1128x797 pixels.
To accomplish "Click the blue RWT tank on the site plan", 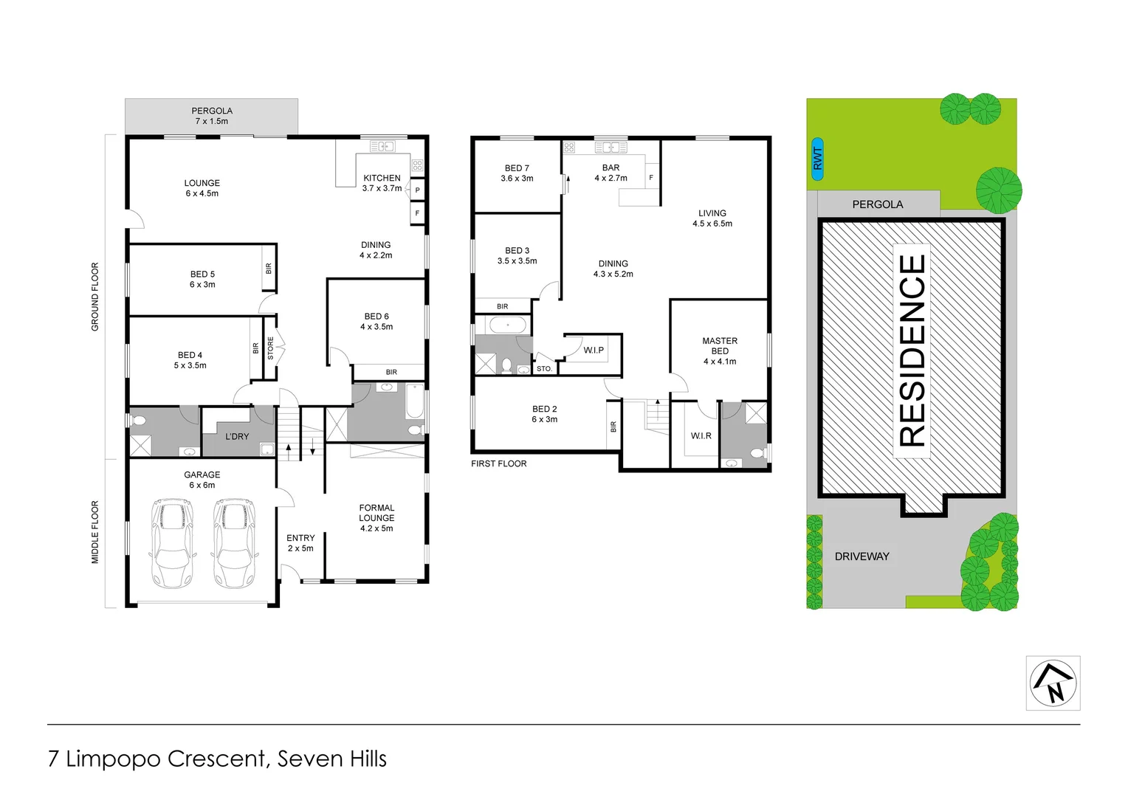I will pos(817,159).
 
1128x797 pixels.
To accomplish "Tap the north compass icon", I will pos(1053,683).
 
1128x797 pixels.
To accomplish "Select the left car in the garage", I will pos(171,543).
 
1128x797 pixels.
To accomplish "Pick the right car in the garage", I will pos(234,543).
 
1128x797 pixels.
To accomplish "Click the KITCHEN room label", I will pos(382,183).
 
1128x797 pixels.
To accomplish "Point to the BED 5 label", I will pos(202,279).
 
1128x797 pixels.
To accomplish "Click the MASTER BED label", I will pos(720,351).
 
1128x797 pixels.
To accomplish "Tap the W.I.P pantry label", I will pos(594,350).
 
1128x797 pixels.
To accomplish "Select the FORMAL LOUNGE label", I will pos(376,517).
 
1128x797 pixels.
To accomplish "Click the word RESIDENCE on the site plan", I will pos(912,351).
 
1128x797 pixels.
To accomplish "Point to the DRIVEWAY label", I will pos(862,556).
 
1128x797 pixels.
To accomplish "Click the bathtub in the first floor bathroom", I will pos(507,325).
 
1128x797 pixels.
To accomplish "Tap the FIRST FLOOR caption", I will pos(499,463).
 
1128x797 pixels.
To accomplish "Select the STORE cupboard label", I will pos(270,348).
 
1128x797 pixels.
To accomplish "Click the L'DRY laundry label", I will pos(237,436).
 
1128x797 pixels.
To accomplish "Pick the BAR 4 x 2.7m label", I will pos(611,173).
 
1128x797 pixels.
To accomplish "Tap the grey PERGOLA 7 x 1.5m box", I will pos(211,116).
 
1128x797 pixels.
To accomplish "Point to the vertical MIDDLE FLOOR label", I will pos(95,532).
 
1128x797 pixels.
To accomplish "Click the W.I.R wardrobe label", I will pos(701,435).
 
